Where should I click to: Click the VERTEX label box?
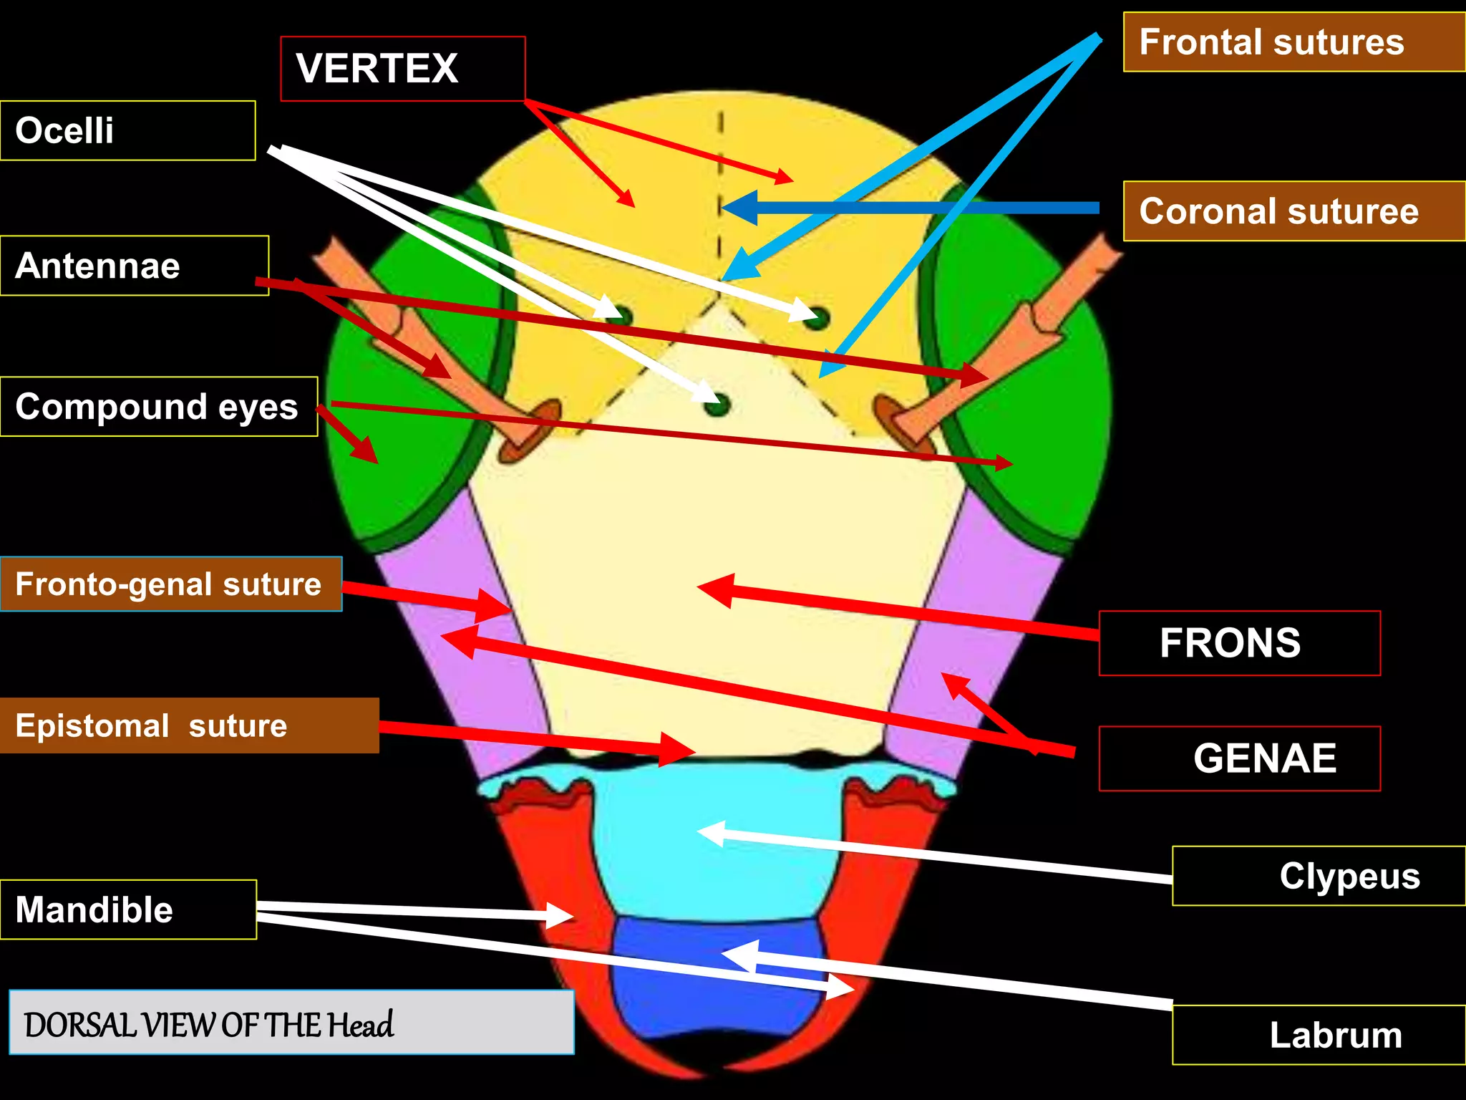click(402, 69)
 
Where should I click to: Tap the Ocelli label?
click(127, 130)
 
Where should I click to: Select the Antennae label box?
click(134, 266)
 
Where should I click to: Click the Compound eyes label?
click(158, 407)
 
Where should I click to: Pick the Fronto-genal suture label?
click(170, 584)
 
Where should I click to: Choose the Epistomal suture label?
click(188, 725)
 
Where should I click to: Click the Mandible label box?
click(128, 910)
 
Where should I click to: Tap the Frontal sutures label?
click(1294, 42)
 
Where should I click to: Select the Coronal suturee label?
click(1294, 211)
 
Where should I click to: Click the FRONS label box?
click(1239, 643)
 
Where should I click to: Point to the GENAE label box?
click(1239, 758)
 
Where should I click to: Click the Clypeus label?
click(1319, 876)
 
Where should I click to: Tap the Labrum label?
click(1319, 1035)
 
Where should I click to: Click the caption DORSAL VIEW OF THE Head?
click(291, 1023)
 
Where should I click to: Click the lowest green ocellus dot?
click(717, 405)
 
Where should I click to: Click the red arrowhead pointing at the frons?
click(716, 589)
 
